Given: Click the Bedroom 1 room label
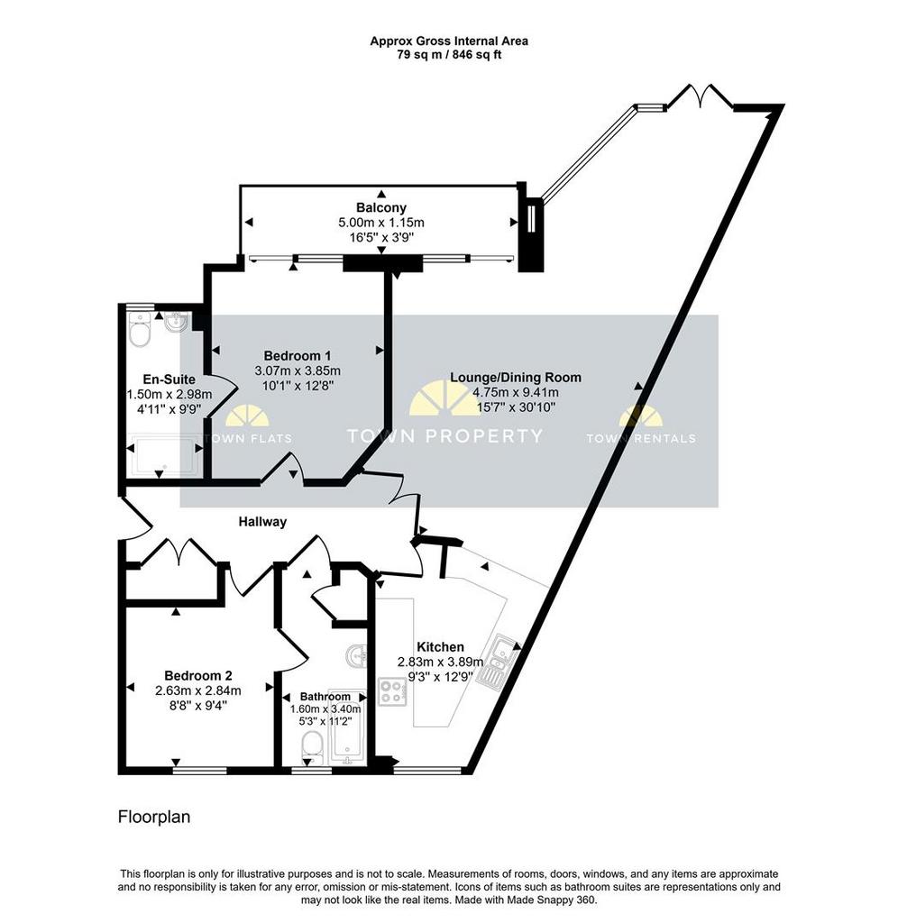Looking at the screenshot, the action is [x=297, y=355].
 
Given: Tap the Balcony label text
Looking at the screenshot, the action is [x=381, y=207].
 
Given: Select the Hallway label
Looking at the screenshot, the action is [x=262, y=522].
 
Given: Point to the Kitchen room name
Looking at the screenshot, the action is [x=440, y=646].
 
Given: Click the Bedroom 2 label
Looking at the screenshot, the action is [x=197, y=676].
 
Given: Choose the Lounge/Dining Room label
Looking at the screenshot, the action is [x=515, y=378].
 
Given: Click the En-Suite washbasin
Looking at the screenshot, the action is [x=176, y=323].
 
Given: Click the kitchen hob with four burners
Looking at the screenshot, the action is [x=391, y=692].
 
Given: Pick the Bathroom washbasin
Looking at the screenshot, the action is [x=355, y=656].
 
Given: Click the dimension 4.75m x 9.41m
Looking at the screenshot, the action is [x=515, y=393].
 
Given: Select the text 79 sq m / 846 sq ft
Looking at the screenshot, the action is [x=449, y=55].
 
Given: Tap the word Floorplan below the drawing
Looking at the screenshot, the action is [x=154, y=817].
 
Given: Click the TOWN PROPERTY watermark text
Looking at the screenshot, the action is [x=444, y=435].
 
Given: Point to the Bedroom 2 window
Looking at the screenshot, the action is [x=199, y=770].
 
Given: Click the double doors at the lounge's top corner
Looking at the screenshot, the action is [x=701, y=96].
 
